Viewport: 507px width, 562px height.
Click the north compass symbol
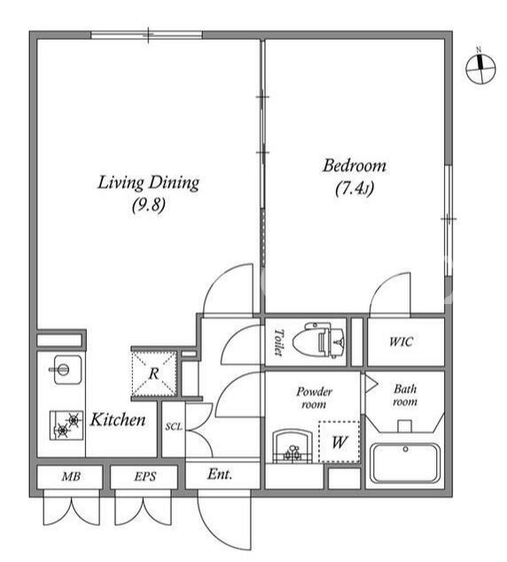point(480,68)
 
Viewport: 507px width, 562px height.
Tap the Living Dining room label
point(148,183)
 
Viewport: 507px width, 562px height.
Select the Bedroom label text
point(355,166)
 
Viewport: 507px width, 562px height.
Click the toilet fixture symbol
point(319,340)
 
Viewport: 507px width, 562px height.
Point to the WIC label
point(401,341)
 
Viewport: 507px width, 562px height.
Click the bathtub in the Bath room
point(405,463)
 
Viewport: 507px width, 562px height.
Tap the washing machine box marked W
point(339,441)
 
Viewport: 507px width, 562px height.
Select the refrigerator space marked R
point(154,373)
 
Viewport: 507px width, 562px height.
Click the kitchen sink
point(67,370)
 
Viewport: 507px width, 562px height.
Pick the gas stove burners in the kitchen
point(66,425)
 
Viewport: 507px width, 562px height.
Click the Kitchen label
point(118,419)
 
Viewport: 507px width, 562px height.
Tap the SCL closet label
point(174,427)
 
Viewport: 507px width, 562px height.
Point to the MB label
point(71,476)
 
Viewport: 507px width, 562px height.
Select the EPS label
point(145,476)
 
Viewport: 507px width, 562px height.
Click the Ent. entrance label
point(220,474)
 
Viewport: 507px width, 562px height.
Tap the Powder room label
point(314,397)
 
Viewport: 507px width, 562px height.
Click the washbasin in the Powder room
point(292,446)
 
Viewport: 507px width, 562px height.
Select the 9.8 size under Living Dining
point(149,206)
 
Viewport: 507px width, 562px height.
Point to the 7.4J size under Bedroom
point(355,188)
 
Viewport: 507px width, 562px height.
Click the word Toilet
point(278,342)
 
